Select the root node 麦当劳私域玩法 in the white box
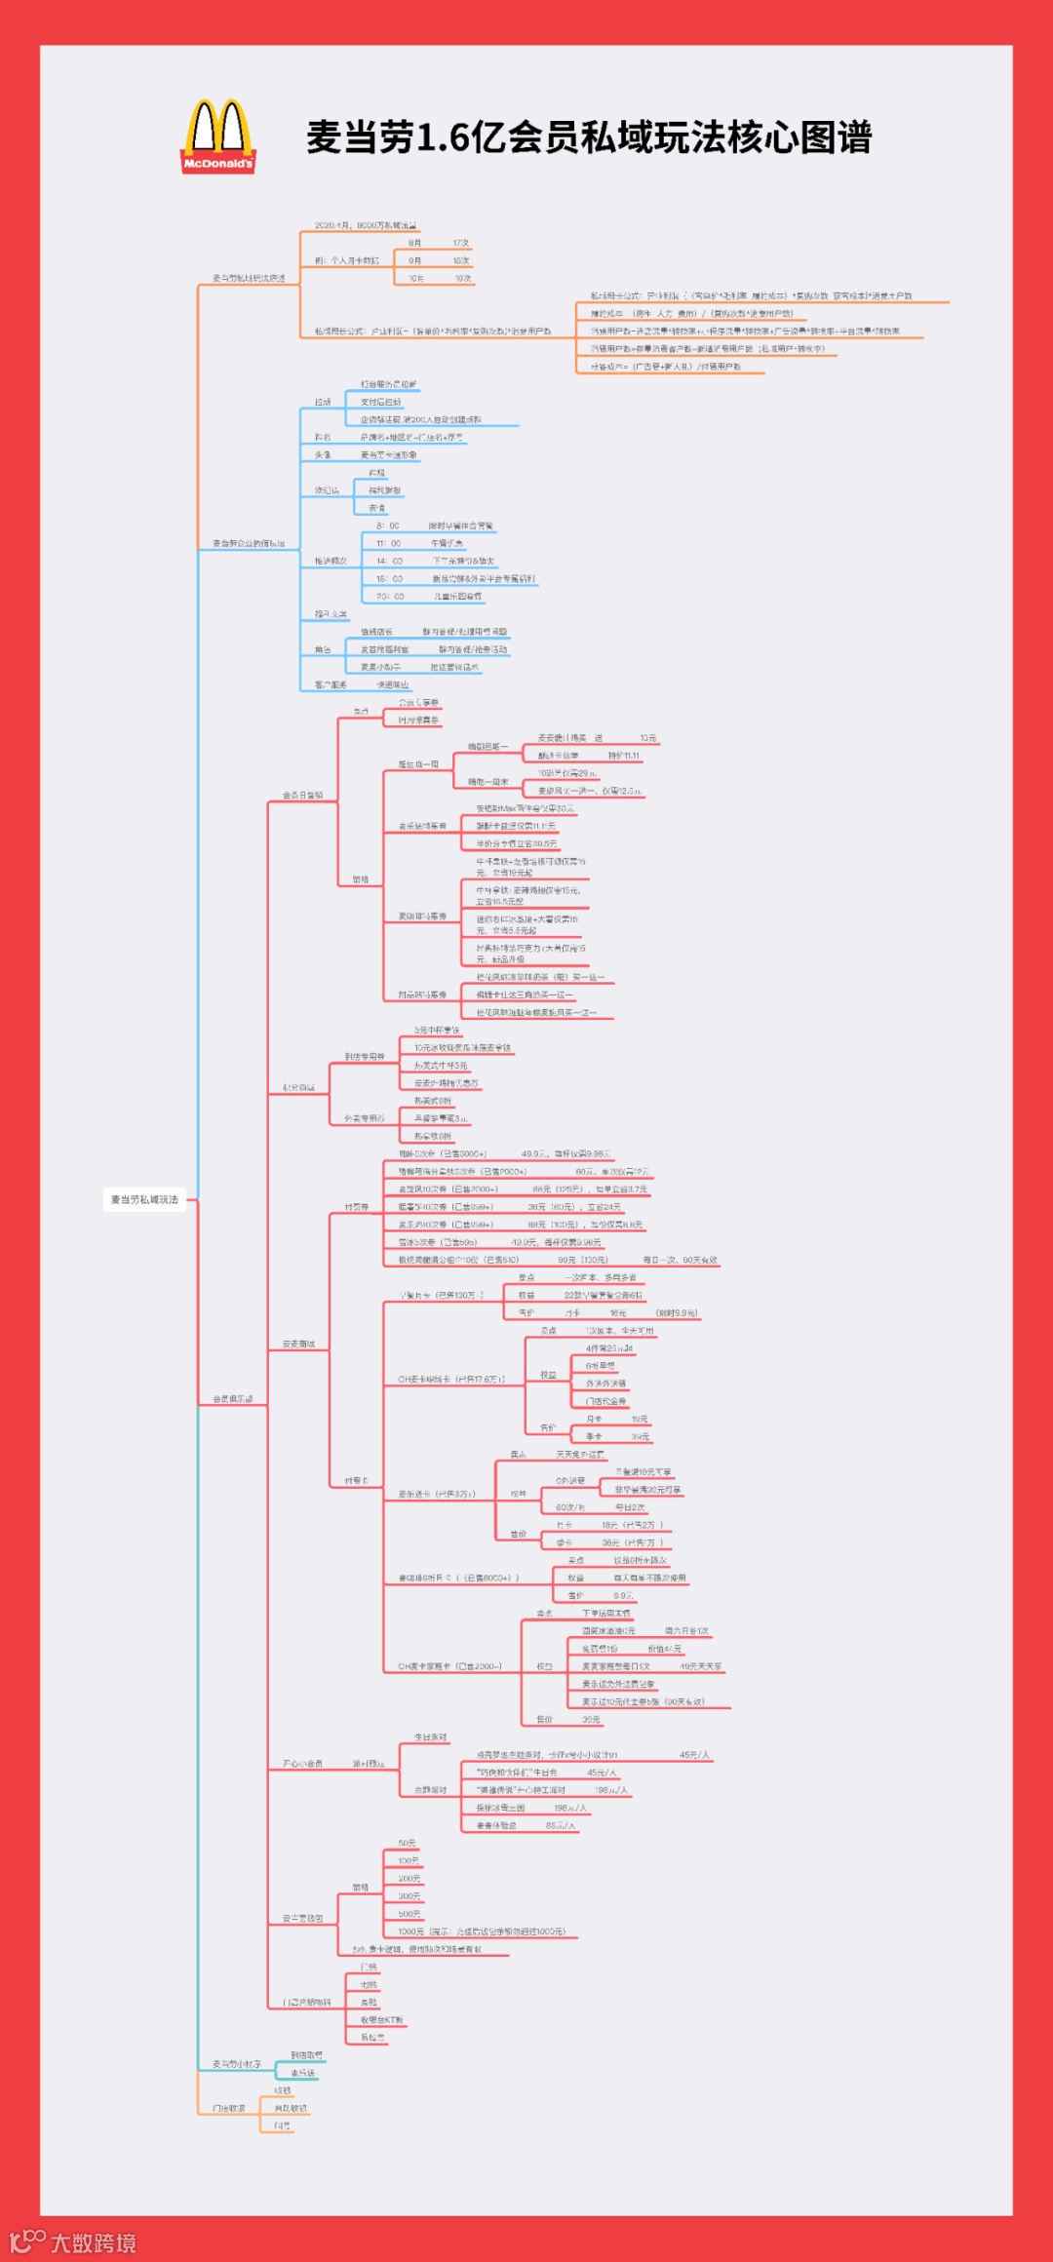coord(144,1199)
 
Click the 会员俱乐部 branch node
coord(233,1399)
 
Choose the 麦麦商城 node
coord(298,1345)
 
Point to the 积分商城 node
coord(298,1087)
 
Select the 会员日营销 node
coord(302,796)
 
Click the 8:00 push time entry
coord(387,526)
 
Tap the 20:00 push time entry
coord(390,597)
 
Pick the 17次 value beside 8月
coord(460,243)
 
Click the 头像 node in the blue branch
coord(323,455)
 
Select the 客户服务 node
coord(331,685)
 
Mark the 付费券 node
coord(356,1207)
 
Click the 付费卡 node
coord(356,1481)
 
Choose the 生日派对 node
coord(431,1737)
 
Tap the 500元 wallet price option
coord(409,1914)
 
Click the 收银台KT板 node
coord(381,2020)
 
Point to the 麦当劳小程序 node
coord(237,2064)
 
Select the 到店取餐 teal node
coord(306,2055)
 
